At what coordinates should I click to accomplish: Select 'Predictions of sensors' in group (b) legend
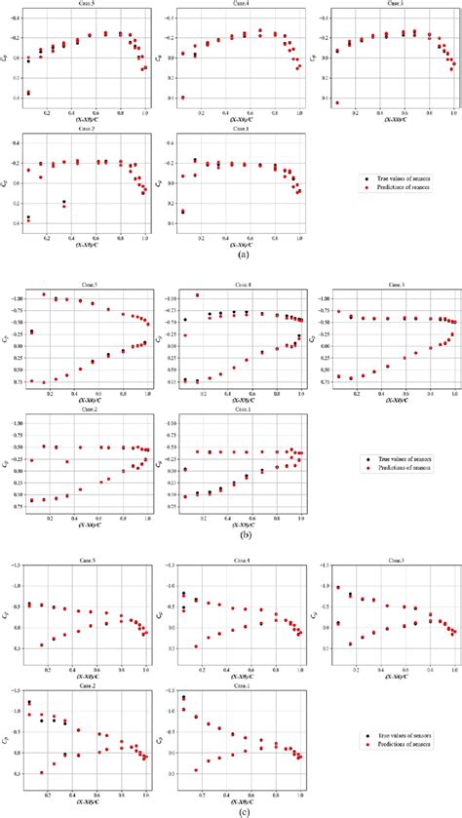click(405, 466)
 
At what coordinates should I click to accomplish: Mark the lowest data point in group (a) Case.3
click(336, 102)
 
